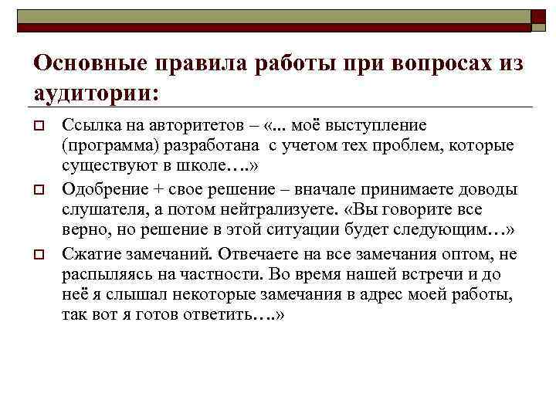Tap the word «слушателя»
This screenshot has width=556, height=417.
(x=100, y=211)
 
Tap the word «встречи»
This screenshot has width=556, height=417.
(x=434, y=275)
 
